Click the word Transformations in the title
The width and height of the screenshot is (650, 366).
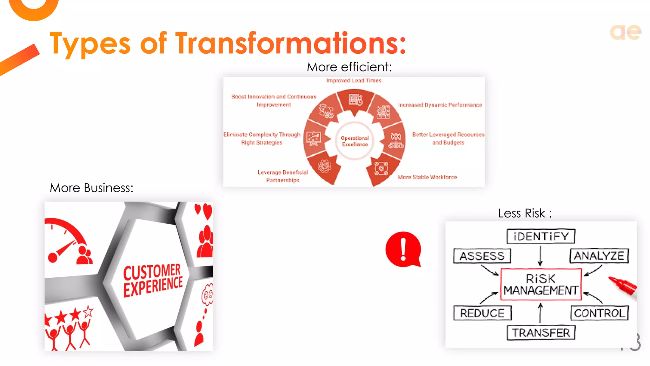pyautogui.click(x=290, y=43)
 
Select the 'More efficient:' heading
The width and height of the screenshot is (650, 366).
pyautogui.click(x=349, y=67)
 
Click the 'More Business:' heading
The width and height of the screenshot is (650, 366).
pyautogui.click(x=91, y=188)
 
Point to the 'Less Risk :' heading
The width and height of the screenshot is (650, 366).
pyautogui.click(x=525, y=213)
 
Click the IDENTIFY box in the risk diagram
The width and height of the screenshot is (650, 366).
pyautogui.click(x=541, y=236)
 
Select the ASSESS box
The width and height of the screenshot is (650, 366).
pyautogui.click(x=482, y=256)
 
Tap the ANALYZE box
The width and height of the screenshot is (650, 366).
pyautogui.click(x=599, y=256)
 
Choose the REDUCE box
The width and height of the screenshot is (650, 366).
pyautogui.click(x=482, y=313)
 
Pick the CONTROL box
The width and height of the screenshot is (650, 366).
pyautogui.click(x=599, y=313)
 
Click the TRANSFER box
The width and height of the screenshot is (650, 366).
pyautogui.click(x=541, y=333)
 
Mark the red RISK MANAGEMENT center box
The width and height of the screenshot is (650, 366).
pyautogui.click(x=541, y=284)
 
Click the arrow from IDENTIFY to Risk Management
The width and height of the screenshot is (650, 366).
pyautogui.click(x=540, y=256)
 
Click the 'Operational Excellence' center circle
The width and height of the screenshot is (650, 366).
pyautogui.click(x=355, y=141)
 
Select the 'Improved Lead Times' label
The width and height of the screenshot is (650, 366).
pyautogui.click(x=354, y=81)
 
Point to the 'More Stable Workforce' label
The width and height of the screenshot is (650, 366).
pyautogui.click(x=427, y=177)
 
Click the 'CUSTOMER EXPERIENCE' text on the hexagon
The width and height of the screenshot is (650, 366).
pyautogui.click(x=153, y=280)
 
